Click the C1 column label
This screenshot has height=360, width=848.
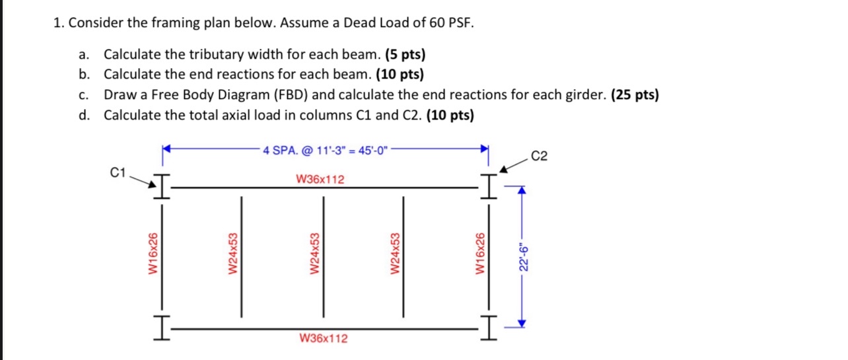tap(118, 173)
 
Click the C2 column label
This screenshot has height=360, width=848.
tap(539, 157)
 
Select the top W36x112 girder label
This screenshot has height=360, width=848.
tap(320, 179)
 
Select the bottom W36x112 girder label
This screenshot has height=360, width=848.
tap(324, 339)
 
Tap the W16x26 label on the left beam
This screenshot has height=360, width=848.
tap(153, 254)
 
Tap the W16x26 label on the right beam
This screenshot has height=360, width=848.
tap(480, 254)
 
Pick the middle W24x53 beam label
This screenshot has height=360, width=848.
tap(315, 254)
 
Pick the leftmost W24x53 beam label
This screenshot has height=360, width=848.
tap(232, 254)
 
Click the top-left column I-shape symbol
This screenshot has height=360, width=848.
tap(161, 186)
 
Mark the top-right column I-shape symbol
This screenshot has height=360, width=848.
tap(487, 186)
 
